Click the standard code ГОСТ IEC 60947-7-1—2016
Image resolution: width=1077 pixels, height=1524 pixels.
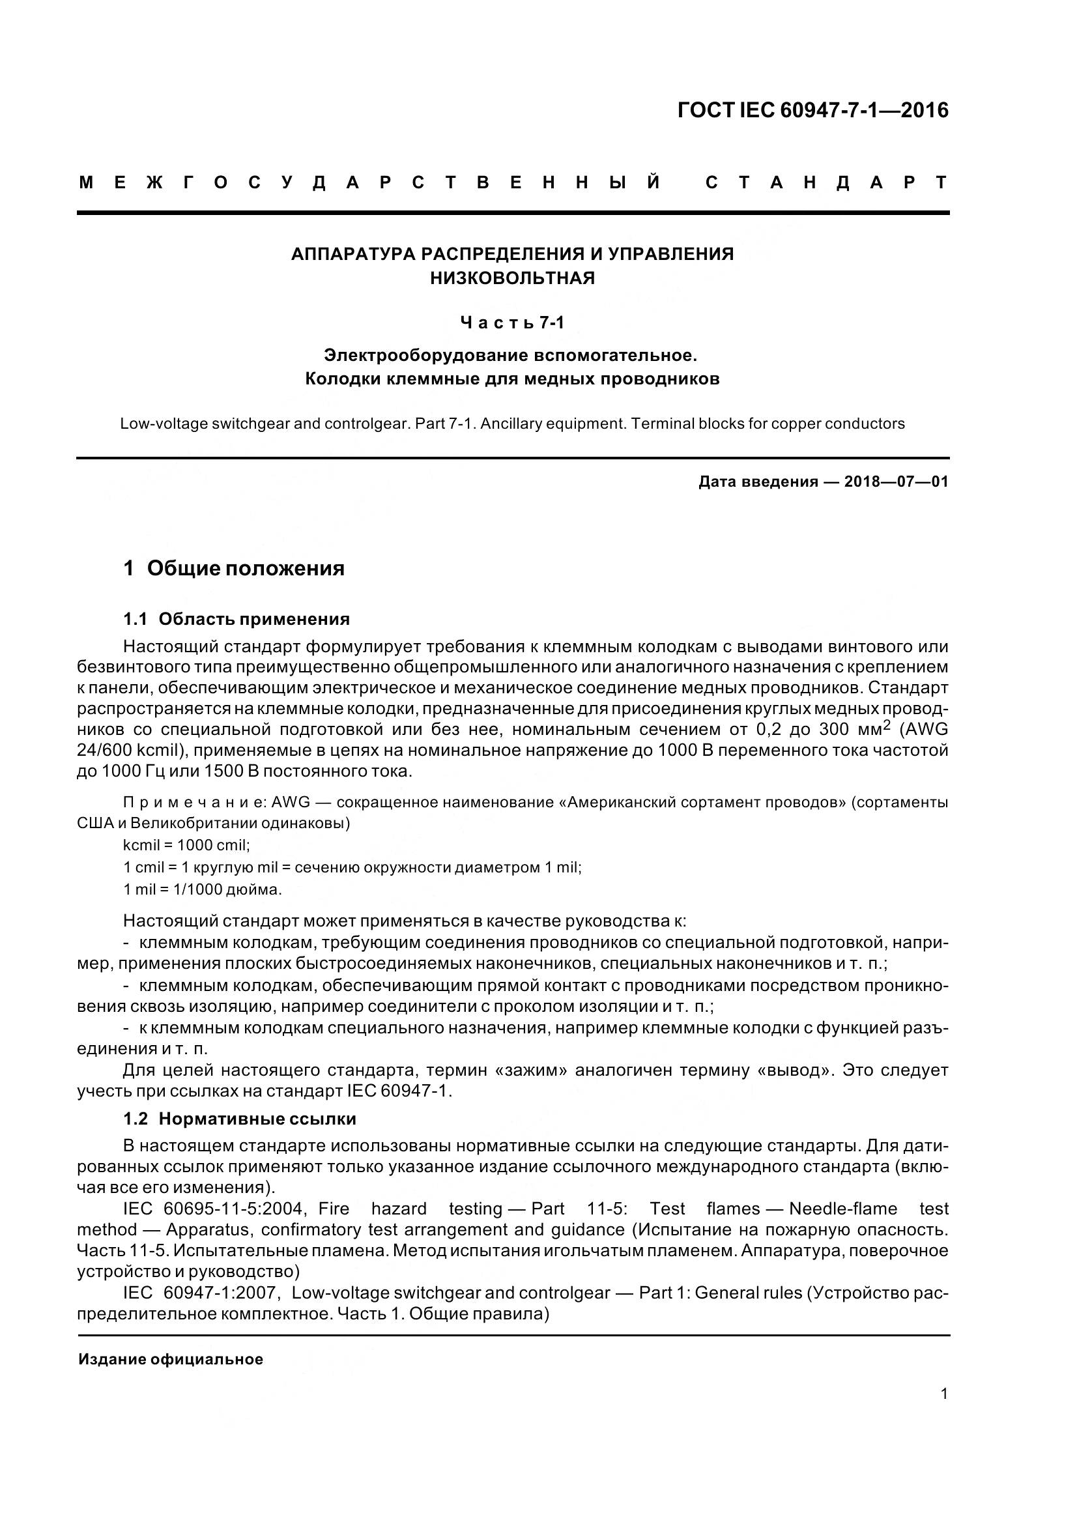(x=813, y=110)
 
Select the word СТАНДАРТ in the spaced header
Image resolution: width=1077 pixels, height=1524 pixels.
(x=826, y=182)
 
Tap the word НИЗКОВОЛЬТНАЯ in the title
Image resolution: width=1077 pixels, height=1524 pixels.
(x=512, y=278)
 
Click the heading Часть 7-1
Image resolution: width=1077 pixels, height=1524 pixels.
(x=512, y=323)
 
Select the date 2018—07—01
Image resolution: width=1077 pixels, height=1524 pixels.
(x=896, y=482)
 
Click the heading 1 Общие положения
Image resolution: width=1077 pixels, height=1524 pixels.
(x=234, y=568)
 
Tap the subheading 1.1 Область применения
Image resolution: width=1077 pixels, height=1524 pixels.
(x=237, y=619)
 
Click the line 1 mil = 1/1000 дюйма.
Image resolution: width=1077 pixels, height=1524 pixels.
(x=203, y=889)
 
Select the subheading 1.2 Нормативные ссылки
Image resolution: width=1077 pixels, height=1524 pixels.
(x=240, y=1119)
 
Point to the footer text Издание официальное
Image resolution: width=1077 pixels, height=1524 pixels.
(x=171, y=1359)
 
